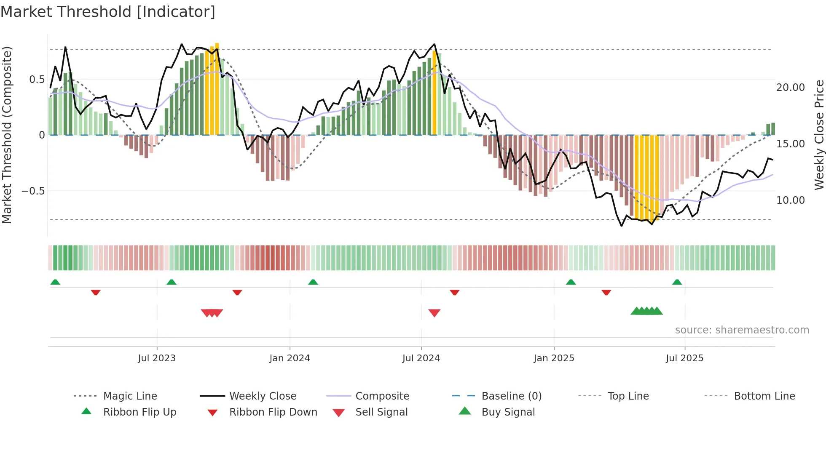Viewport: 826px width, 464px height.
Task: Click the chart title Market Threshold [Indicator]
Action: coord(108,12)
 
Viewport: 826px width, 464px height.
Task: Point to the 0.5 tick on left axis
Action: coord(37,80)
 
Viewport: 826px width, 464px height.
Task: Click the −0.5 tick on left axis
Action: coord(33,191)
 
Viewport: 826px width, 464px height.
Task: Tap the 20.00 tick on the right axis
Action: coord(790,88)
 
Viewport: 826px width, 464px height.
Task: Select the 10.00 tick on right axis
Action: coord(790,200)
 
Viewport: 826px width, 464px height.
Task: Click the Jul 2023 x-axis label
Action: coord(157,358)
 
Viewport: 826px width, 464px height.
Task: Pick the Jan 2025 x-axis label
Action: coord(554,358)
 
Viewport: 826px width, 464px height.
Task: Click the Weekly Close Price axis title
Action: coord(819,135)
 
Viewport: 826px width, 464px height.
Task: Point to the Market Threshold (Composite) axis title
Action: coord(7,135)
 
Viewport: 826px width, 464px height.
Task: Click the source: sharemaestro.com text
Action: coord(742,330)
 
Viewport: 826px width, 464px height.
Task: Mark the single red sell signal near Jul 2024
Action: coord(434,313)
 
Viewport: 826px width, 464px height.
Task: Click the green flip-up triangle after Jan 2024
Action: coord(313,282)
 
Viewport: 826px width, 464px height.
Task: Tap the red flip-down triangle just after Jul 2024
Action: coord(454,292)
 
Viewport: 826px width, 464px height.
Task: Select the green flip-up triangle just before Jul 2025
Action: coord(677,282)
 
